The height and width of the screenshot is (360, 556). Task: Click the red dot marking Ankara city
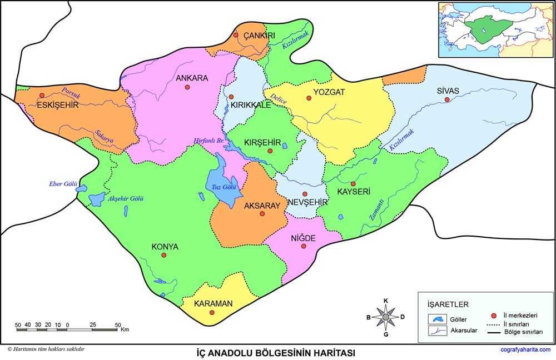(188, 88)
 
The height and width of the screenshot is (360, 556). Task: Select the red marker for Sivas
(446, 100)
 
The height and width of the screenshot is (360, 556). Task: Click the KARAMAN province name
(213, 303)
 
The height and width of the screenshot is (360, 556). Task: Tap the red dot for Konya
(164, 255)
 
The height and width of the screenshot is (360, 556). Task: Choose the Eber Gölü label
(62, 184)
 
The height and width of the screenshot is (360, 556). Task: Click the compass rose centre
(385, 317)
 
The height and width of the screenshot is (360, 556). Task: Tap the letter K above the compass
(386, 301)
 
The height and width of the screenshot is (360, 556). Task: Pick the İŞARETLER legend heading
(448, 304)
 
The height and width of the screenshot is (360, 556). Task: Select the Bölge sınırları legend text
(522, 332)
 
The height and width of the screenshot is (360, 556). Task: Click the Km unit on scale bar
(125, 329)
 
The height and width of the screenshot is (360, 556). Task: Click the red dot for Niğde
(304, 246)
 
